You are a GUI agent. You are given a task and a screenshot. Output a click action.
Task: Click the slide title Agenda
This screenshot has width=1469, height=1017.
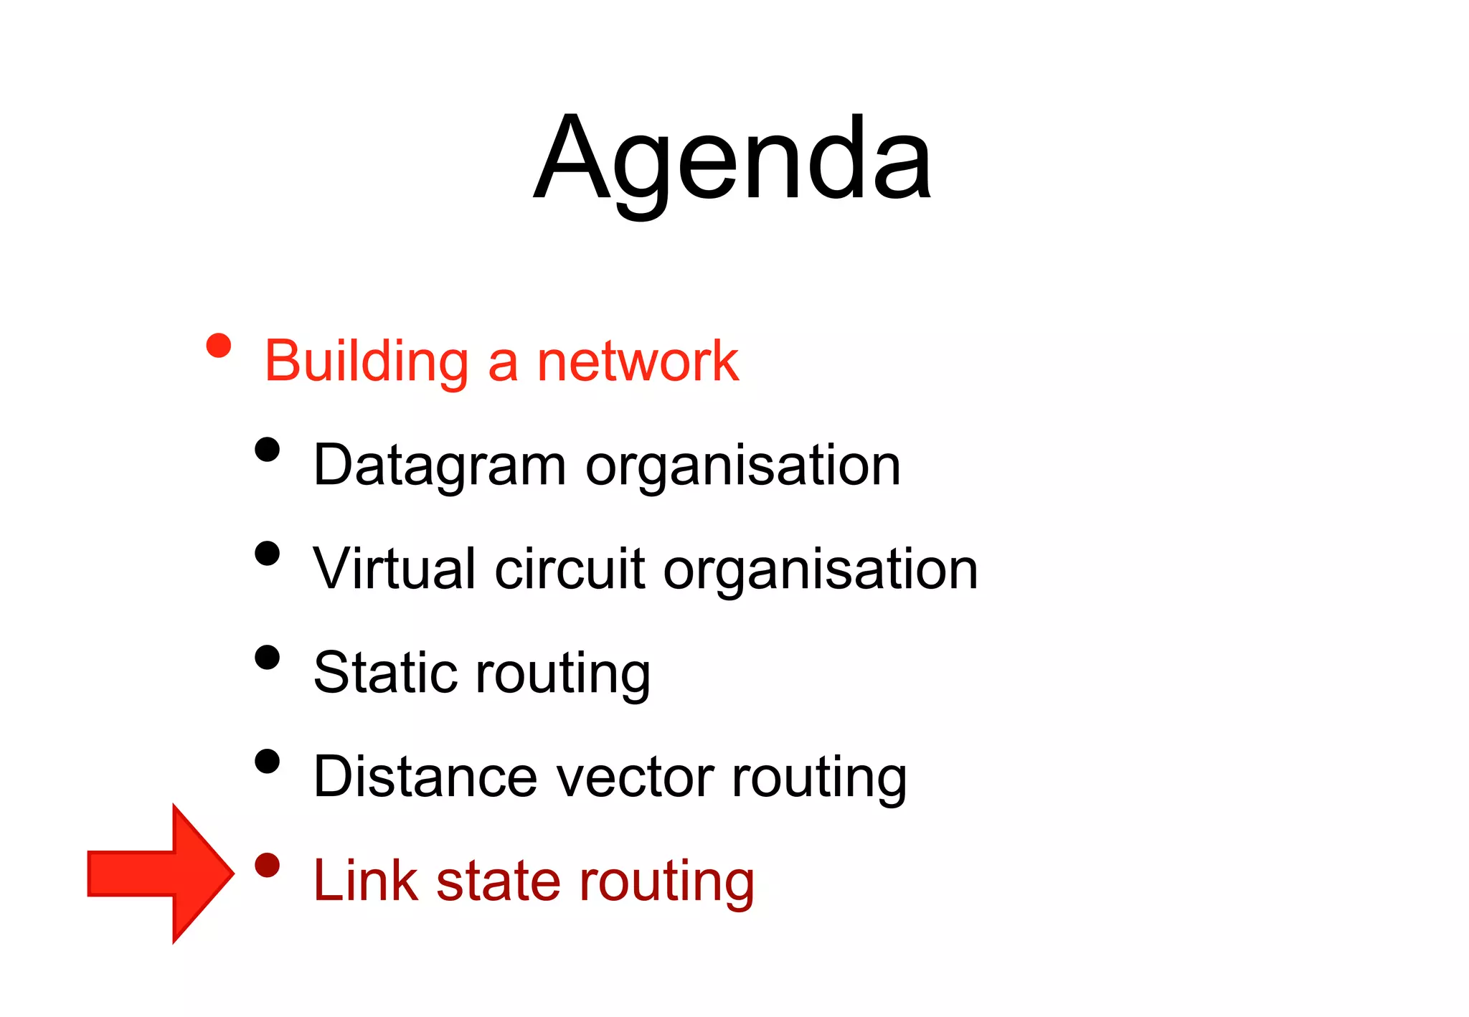732,159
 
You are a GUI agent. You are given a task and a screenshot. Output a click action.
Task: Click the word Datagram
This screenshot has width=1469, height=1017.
440,465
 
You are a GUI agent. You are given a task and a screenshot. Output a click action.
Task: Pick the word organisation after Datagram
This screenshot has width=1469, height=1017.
742,465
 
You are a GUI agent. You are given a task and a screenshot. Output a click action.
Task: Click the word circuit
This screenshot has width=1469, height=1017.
570,569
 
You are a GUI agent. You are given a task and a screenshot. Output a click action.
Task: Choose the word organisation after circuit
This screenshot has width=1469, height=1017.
821,569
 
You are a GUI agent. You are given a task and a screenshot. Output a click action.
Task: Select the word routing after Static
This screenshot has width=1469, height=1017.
563,674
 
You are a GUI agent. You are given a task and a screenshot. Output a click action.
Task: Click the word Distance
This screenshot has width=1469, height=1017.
425,777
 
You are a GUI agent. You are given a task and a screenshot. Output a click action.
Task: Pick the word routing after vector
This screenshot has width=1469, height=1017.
819,778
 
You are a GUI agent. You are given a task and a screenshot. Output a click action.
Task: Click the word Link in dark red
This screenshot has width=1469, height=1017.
365,880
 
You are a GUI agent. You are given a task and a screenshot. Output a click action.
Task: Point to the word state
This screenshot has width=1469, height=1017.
499,880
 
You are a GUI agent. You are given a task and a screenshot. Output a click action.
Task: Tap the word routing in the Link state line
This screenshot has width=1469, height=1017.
667,882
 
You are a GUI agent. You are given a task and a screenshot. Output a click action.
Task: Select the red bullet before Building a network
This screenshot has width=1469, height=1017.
219,346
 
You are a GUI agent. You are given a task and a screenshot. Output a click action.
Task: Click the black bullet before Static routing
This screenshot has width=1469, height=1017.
267,657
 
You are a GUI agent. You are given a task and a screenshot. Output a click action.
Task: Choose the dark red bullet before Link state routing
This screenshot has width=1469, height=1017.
267,865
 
